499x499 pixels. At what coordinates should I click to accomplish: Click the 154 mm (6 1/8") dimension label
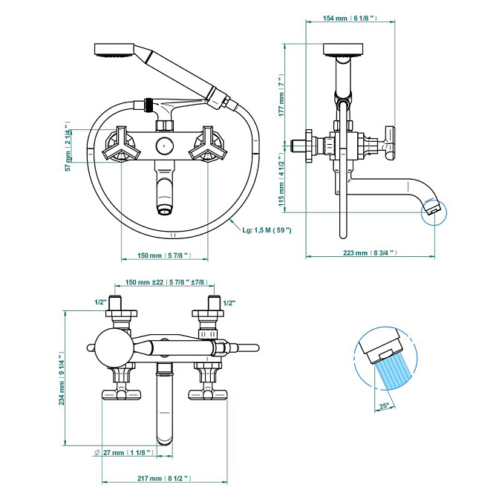(350, 18)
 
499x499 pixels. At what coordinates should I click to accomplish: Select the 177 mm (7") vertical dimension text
(281, 95)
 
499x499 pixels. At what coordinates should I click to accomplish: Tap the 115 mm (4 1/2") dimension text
(281, 179)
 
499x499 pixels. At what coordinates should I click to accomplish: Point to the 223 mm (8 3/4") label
(370, 252)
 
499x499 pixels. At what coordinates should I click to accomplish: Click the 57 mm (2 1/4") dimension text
(68, 146)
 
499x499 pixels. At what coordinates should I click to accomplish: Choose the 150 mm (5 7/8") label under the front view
(164, 255)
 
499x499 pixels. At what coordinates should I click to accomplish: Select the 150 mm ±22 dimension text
(166, 282)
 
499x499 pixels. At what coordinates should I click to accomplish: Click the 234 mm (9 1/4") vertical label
(62, 378)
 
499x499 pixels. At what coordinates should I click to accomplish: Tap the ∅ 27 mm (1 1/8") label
(124, 452)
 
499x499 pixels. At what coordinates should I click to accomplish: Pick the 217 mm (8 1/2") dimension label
(164, 478)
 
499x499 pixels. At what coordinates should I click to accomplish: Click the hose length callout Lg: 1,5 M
(267, 229)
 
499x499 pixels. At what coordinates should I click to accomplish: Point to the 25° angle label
(384, 405)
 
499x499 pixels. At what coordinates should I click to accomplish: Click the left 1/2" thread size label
(100, 302)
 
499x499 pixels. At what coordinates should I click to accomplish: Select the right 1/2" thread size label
(229, 303)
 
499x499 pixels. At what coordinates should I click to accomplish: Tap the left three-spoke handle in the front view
(121, 144)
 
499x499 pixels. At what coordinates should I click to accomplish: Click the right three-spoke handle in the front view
(208, 144)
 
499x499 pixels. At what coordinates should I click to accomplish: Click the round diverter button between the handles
(165, 146)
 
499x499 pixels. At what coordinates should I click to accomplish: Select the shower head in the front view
(114, 50)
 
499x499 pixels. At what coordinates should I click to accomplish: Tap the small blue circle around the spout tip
(434, 212)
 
